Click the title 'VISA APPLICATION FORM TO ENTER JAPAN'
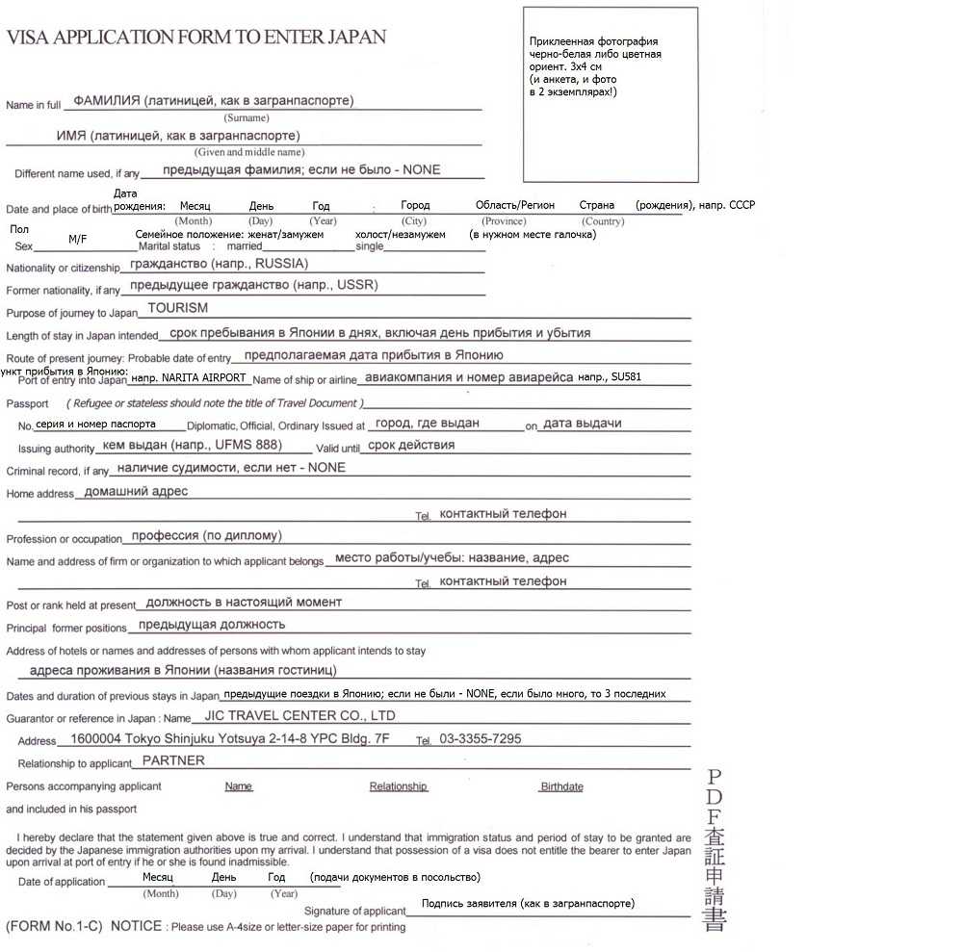196,38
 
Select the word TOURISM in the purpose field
177,309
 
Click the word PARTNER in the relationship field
173,760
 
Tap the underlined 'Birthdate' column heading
561,786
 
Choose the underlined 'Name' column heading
238,786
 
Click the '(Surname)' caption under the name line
247,118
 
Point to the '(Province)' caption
504,221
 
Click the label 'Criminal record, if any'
58,472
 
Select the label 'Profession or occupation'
65,539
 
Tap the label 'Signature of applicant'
355,911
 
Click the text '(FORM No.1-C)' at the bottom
54,927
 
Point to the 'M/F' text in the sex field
78,239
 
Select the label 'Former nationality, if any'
64,290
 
